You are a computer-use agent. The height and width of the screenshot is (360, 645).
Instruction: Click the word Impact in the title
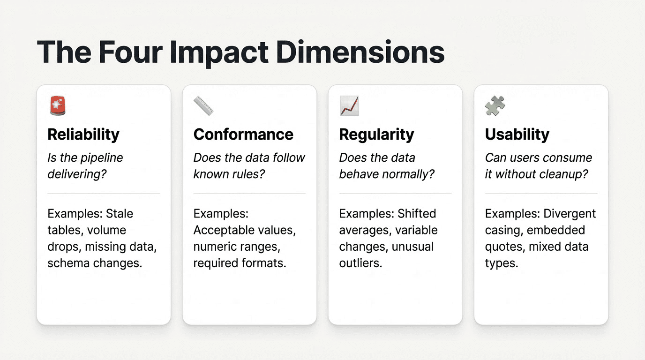click(219, 53)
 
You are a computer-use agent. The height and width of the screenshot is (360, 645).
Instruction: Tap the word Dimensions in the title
click(360, 52)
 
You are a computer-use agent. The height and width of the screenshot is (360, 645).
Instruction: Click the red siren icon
click(58, 105)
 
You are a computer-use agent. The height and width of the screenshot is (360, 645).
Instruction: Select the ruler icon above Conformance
click(203, 105)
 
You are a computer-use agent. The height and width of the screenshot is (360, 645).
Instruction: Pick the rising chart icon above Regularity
click(349, 105)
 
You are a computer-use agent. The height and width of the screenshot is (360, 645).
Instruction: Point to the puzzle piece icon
click(495, 105)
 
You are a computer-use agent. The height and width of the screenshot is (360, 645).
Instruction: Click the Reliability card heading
click(83, 135)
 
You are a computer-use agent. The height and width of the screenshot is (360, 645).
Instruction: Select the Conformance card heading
click(243, 135)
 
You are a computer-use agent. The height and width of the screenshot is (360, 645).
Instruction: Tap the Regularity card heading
click(376, 135)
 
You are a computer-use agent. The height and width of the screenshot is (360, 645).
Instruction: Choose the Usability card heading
click(517, 135)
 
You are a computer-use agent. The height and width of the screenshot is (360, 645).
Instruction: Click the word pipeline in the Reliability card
click(102, 158)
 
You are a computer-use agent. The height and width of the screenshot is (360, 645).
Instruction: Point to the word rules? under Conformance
click(250, 174)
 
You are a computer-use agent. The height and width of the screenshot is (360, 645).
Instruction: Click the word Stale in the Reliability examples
click(120, 214)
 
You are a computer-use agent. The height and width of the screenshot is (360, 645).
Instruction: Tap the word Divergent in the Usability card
click(570, 214)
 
